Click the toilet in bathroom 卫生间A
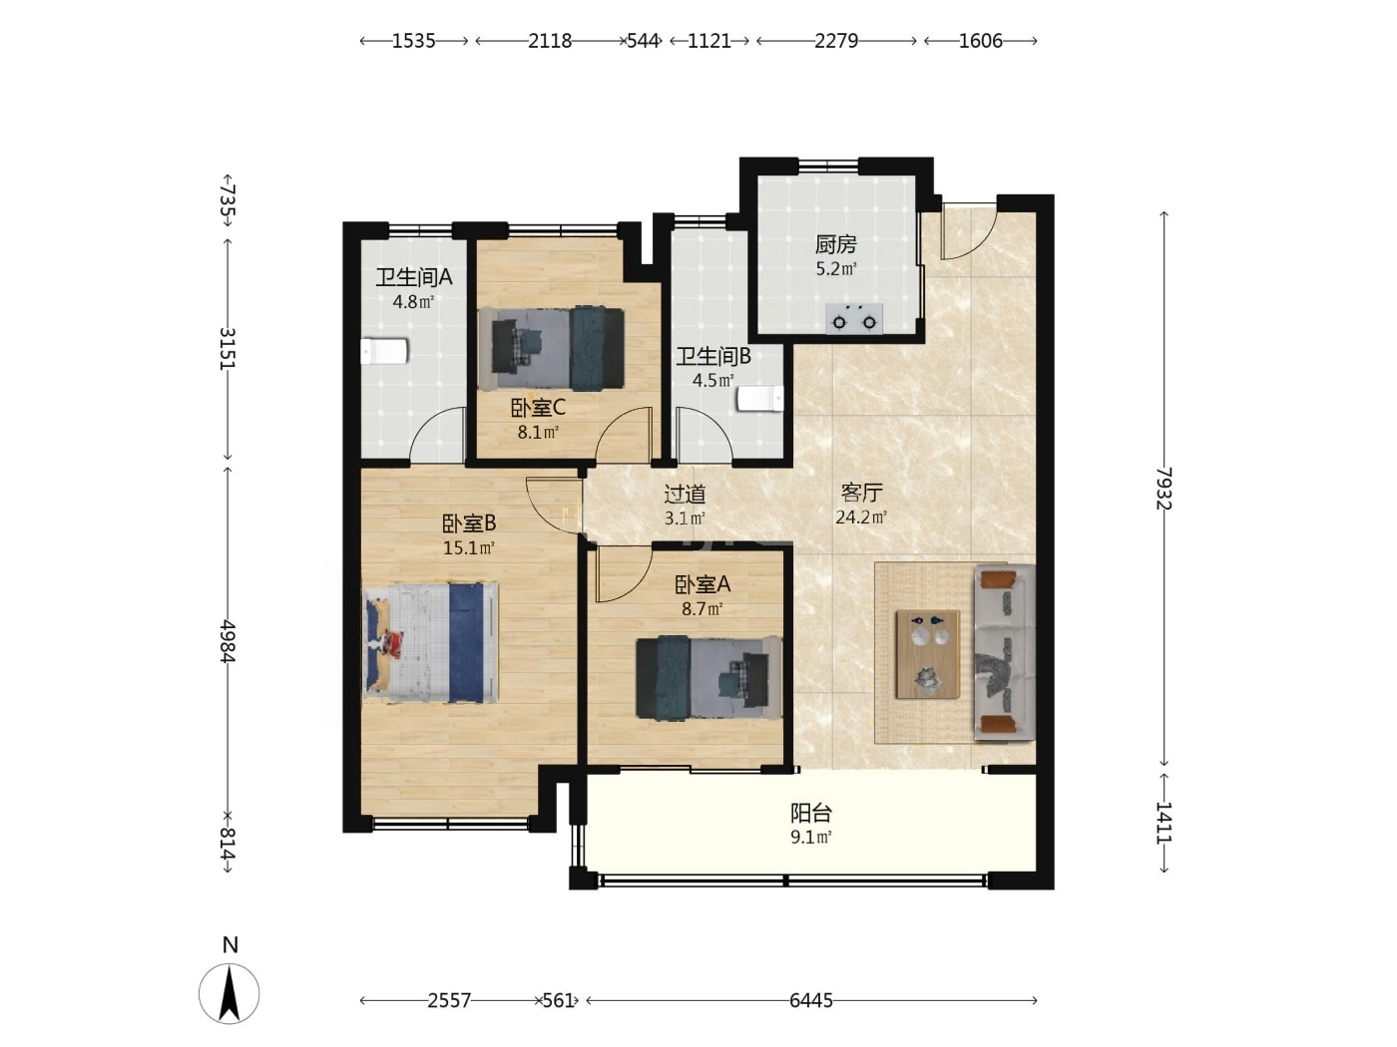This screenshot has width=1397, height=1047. click(x=384, y=352)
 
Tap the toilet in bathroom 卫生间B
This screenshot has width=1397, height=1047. click(x=760, y=399)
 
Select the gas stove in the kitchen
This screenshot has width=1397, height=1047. click(x=854, y=318)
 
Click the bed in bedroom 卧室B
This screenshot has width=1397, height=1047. click(x=430, y=643)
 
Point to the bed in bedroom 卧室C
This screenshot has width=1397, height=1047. click(x=551, y=348)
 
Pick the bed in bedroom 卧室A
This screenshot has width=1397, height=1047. click(x=709, y=678)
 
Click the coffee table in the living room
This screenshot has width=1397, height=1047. click(x=927, y=654)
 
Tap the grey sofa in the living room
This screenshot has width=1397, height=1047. click(x=1004, y=652)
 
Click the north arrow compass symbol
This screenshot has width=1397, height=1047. click(x=230, y=993)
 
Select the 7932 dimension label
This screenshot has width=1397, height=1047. click(x=1164, y=489)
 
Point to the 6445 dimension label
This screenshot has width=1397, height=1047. click(x=811, y=1000)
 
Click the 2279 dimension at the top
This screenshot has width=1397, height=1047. click(x=836, y=41)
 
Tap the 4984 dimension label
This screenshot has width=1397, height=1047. click(x=228, y=642)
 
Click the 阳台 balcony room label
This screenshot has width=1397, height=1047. click(x=811, y=813)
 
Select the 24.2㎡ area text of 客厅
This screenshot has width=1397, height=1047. click(x=861, y=517)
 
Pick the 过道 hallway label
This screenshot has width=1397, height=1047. click(x=685, y=494)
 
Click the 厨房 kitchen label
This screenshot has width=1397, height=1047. click(x=836, y=244)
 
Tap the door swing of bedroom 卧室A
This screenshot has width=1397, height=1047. click(x=623, y=575)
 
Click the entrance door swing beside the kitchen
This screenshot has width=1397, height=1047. click(x=967, y=231)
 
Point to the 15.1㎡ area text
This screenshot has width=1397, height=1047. click(x=468, y=547)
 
